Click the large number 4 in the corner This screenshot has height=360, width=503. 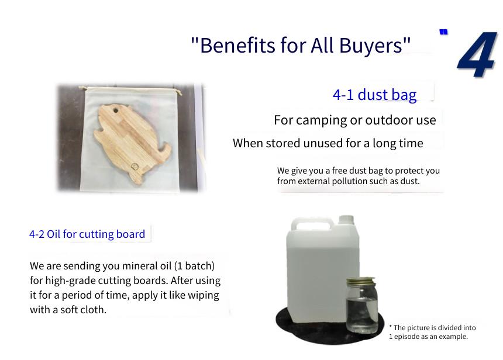(x=478, y=54)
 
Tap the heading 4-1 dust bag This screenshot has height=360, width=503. (x=374, y=95)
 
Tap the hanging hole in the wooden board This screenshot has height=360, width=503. (x=115, y=111)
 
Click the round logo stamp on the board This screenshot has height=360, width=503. (x=135, y=166)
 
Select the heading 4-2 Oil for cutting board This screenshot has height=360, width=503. (x=87, y=234)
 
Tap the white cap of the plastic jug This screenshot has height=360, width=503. (x=346, y=220)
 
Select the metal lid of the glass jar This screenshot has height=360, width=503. (x=360, y=281)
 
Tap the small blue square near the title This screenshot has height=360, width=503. (x=443, y=32)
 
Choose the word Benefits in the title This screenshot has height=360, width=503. (x=237, y=45)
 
